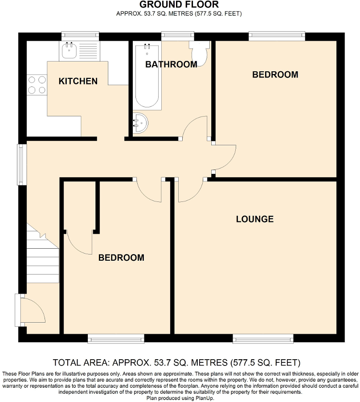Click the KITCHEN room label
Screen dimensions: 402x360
click(78, 81)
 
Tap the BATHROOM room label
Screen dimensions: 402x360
click(171, 65)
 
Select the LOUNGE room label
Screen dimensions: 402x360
click(254, 219)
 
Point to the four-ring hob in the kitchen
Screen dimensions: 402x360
click(37, 85)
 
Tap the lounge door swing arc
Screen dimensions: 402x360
click(190, 192)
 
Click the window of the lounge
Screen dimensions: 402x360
click(263, 340)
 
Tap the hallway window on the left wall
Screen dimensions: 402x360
click(21, 164)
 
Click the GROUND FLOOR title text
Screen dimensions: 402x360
click(179, 5)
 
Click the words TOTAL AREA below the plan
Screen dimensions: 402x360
click(81, 362)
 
